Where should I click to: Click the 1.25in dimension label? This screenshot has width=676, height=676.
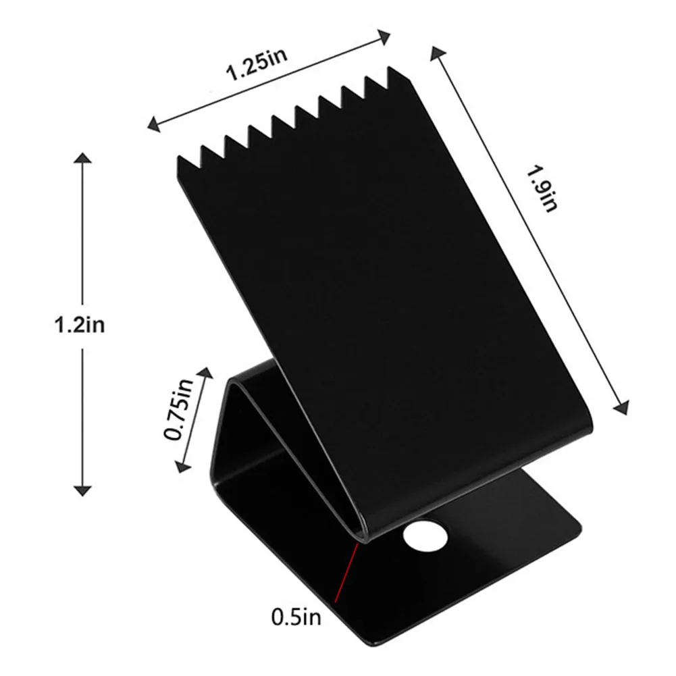coord(257,65)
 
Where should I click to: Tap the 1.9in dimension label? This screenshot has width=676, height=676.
coord(542,188)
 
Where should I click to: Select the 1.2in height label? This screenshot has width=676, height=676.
coord(79,324)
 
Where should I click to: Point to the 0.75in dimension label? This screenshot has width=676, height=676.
coord(178,410)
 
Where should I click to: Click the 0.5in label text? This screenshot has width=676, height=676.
coord(296,617)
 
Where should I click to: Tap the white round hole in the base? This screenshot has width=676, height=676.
coord(425,536)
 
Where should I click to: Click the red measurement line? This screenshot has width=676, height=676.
coord(346,572)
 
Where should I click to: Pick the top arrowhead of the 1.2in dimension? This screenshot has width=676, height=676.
coord(82,158)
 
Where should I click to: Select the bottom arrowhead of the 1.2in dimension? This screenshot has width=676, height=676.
coord(82,490)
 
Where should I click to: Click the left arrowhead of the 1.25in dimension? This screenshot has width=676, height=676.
coord(153,124)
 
